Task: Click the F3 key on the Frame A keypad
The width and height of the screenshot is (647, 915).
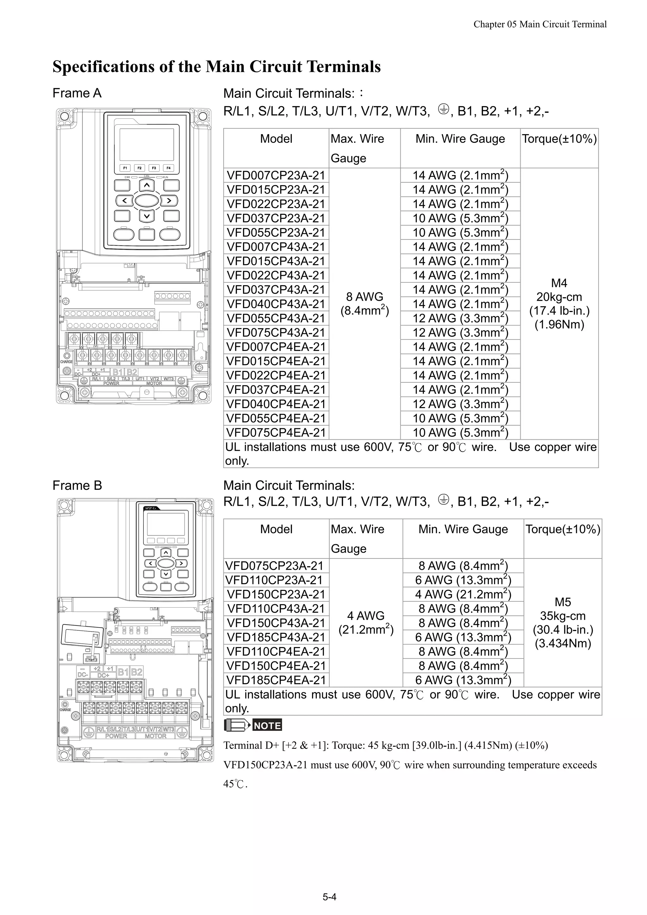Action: tap(154, 168)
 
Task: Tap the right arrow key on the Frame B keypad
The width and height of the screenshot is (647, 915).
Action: tap(181, 563)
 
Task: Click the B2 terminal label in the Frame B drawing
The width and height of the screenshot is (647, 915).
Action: tap(137, 672)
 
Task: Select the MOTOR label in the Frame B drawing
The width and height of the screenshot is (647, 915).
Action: tap(155, 736)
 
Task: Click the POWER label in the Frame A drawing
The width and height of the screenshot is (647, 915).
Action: tap(111, 383)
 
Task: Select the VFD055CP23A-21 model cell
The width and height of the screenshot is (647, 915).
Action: tap(276, 232)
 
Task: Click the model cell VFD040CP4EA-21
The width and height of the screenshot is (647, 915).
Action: tap(276, 404)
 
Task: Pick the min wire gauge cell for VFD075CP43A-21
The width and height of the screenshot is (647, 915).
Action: tap(460, 332)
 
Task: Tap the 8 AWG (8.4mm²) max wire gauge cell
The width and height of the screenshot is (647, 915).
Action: tap(364, 304)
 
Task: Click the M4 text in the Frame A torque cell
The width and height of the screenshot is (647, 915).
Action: tap(559, 283)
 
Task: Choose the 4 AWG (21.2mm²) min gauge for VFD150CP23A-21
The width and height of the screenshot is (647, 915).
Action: tap(463, 594)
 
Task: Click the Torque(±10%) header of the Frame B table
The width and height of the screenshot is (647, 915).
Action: tap(562, 529)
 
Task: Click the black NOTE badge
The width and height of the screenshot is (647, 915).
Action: tap(267, 725)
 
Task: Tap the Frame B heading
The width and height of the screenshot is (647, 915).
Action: tap(77, 485)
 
